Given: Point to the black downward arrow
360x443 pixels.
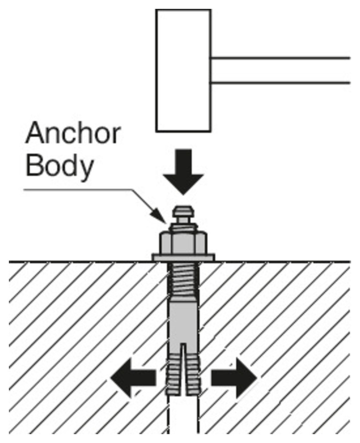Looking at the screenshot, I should click(x=183, y=171).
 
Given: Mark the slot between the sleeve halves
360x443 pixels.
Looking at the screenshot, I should click(x=183, y=368).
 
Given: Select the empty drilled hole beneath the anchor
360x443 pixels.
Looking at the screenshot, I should click(x=183, y=416).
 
